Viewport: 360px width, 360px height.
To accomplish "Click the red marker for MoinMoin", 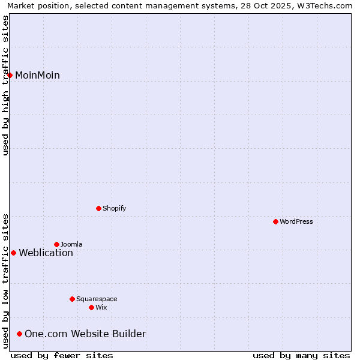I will tap(10, 75).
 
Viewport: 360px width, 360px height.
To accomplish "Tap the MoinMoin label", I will tap(37, 76).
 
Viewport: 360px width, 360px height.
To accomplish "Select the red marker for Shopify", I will tap(98, 208).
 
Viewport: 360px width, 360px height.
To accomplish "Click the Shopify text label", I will tap(114, 209).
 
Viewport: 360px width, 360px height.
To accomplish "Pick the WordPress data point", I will tap(275, 221).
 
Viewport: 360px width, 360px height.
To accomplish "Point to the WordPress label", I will tap(296, 222).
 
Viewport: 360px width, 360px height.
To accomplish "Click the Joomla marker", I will tap(56, 244).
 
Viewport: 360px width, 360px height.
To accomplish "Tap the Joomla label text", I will tap(71, 245).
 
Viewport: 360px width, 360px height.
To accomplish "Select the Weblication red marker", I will tap(13, 253).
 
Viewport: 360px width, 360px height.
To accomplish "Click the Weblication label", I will tap(46, 253).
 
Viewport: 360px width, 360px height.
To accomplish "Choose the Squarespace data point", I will tap(72, 299).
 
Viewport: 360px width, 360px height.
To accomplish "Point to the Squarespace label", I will tap(97, 299).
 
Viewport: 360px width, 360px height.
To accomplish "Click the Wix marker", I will tap(91, 307).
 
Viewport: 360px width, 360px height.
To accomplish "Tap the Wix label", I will tap(101, 308).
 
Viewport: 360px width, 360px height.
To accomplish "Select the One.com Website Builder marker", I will tap(19, 334).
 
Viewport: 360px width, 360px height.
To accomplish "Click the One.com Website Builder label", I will tap(85, 334).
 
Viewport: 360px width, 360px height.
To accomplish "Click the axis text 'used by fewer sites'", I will tap(62, 355).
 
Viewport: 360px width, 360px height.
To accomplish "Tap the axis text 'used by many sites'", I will tap(301, 355).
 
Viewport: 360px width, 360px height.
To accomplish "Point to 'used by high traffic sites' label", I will tap(5, 85).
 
